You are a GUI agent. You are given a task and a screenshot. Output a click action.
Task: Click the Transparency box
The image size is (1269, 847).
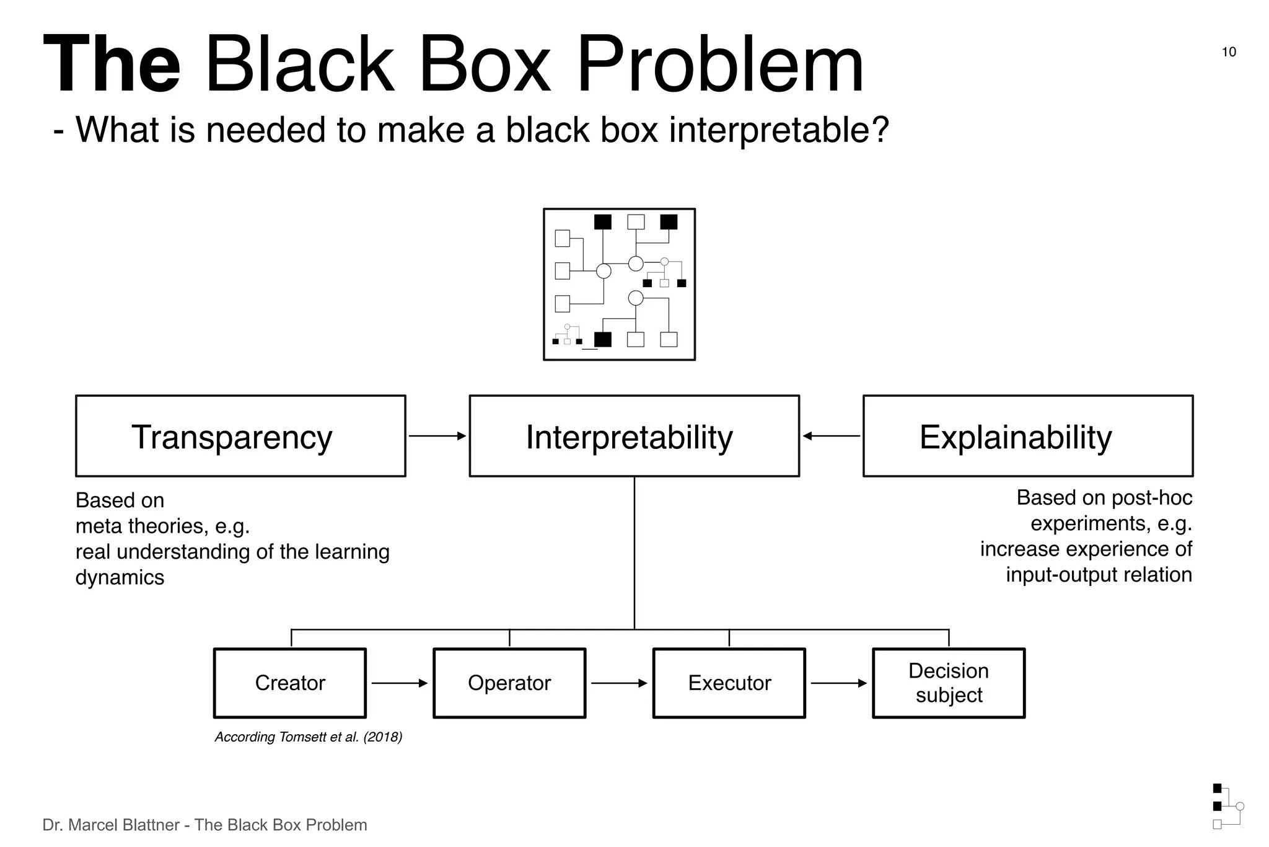click(240, 436)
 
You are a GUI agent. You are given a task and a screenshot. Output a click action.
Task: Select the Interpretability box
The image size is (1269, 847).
click(634, 436)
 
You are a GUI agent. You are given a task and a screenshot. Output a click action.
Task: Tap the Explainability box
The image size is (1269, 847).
click(1027, 436)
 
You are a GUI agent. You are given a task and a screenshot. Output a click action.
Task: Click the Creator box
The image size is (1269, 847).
click(289, 683)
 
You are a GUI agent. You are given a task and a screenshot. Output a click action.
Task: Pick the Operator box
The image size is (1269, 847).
click(509, 683)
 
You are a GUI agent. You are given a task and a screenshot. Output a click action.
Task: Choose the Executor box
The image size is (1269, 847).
click(729, 683)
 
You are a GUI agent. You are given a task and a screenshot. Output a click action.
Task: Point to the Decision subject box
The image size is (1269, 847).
click(948, 683)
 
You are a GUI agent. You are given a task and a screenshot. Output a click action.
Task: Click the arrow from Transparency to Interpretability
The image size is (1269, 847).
click(437, 436)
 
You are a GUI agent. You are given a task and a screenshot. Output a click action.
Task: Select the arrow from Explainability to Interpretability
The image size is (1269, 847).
click(831, 436)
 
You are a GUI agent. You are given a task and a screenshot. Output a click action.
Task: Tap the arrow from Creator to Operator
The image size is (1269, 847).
click(399, 683)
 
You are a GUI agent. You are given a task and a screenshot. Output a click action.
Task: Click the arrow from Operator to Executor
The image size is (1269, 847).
click(618, 683)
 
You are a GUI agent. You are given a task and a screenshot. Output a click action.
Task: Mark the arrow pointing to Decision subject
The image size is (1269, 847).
click(838, 683)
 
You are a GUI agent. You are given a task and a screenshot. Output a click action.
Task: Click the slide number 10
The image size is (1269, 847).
click(1228, 52)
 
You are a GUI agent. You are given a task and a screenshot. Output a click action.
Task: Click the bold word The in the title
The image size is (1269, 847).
click(112, 65)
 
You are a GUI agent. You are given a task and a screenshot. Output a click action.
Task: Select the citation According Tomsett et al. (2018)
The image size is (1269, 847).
click(308, 737)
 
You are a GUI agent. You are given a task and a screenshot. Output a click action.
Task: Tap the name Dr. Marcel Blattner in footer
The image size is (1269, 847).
click(111, 825)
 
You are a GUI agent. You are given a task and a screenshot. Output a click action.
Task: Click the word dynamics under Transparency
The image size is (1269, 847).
click(120, 577)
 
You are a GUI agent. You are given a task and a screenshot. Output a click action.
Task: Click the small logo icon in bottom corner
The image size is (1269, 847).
click(1227, 806)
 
